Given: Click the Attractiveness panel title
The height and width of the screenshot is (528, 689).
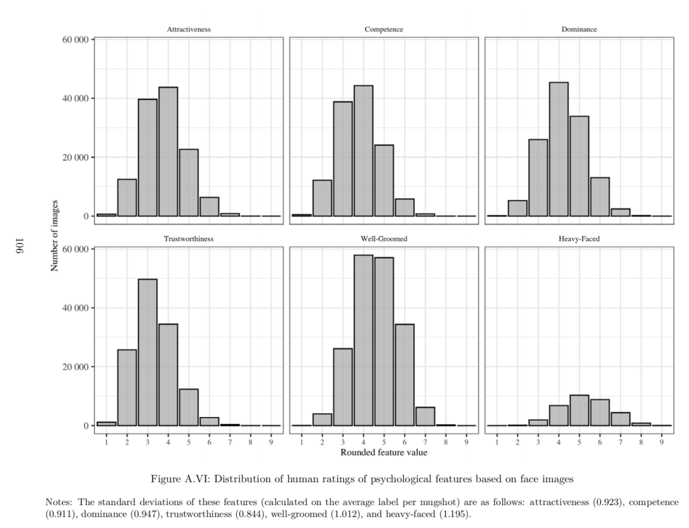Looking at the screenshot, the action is click(x=188, y=29).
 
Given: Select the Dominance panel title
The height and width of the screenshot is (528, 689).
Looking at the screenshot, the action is click(x=579, y=29).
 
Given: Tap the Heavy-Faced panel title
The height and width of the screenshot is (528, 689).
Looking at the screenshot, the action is click(x=579, y=239).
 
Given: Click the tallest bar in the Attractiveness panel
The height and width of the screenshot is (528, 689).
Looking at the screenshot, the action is click(x=168, y=152).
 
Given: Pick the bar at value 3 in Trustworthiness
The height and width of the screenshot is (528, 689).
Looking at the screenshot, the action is click(x=147, y=352).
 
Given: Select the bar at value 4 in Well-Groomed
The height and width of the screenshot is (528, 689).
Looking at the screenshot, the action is click(x=364, y=341).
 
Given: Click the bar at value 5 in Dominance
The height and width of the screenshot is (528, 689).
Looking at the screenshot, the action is click(x=579, y=166).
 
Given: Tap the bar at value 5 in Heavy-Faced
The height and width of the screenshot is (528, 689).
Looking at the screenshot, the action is click(x=579, y=410).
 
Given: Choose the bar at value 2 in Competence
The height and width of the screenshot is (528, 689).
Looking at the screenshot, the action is click(x=322, y=198).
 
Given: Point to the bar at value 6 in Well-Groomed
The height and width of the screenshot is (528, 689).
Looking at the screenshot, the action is click(x=404, y=375).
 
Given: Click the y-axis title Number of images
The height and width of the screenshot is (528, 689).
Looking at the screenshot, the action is click(x=54, y=235).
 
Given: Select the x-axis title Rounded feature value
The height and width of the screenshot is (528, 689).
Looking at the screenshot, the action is click(x=383, y=453).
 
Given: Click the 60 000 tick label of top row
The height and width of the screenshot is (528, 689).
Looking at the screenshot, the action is click(x=75, y=40).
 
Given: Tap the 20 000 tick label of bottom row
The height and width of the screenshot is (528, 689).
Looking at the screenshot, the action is click(x=75, y=367).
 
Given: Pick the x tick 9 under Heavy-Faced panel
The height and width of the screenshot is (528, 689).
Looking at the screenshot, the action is click(x=662, y=443).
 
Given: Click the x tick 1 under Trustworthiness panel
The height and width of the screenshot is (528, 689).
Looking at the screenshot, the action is click(x=107, y=443).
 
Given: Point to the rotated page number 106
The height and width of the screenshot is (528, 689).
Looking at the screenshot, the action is click(x=20, y=246).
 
